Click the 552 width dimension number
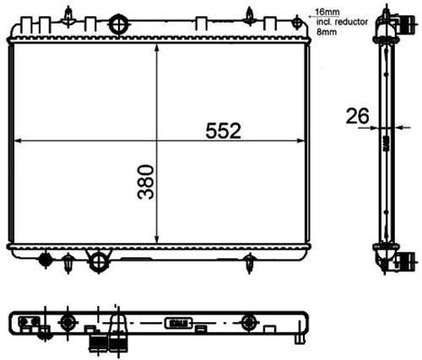tap(224, 130)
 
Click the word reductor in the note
tap(342, 21)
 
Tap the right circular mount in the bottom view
tap(247, 321)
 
